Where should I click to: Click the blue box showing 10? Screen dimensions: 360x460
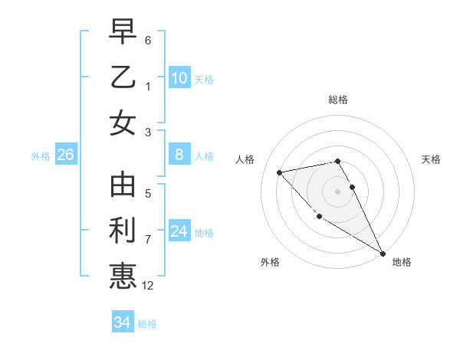click(179, 78)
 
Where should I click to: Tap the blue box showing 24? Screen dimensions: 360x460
click(179, 232)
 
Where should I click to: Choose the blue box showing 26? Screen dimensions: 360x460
click(65, 155)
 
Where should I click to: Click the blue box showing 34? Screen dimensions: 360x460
click(122, 322)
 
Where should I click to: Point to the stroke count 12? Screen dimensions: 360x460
click(148, 286)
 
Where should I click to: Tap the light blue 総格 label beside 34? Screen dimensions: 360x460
click(147, 324)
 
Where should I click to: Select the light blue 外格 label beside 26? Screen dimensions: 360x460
click(41, 156)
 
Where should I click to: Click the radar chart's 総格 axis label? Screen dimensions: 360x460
click(337, 100)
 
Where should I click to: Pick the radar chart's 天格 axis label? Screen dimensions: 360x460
click(432, 159)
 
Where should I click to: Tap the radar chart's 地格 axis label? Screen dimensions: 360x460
click(402, 262)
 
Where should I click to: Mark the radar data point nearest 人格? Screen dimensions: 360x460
click(279, 172)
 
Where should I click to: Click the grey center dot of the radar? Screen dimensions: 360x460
click(337, 191)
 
